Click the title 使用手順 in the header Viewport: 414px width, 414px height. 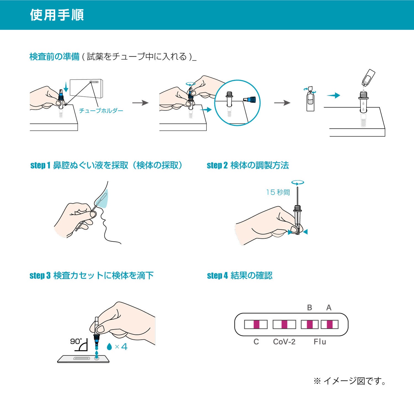(x=57, y=15)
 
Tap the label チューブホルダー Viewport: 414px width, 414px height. (x=101, y=111)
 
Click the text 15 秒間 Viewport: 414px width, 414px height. (x=278, y=192)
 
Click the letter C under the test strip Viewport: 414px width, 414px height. (x=256, y=342)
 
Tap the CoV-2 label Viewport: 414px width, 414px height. (x=284, y=342)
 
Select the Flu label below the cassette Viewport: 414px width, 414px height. (x=320, y=342)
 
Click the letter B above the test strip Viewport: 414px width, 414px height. (x=309, y=307)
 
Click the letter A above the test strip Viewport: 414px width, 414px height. (x=329, y=307)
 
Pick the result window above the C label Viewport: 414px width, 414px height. (x=256, y=324)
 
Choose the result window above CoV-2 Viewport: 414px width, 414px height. (x=284, y=324)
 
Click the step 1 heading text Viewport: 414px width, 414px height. (x=106, y=165)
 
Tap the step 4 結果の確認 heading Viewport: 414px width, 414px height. (x=240, y=275)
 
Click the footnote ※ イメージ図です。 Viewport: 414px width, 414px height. (x=350, y=381)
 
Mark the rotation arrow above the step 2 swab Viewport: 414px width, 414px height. (x=298, y=182)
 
